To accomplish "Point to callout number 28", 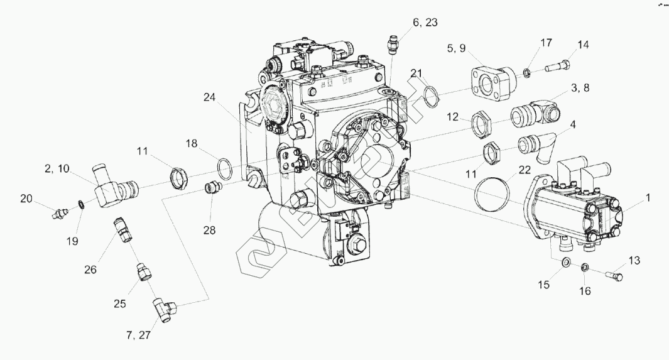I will pos(209,229).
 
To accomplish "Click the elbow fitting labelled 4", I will pos(532,148).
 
